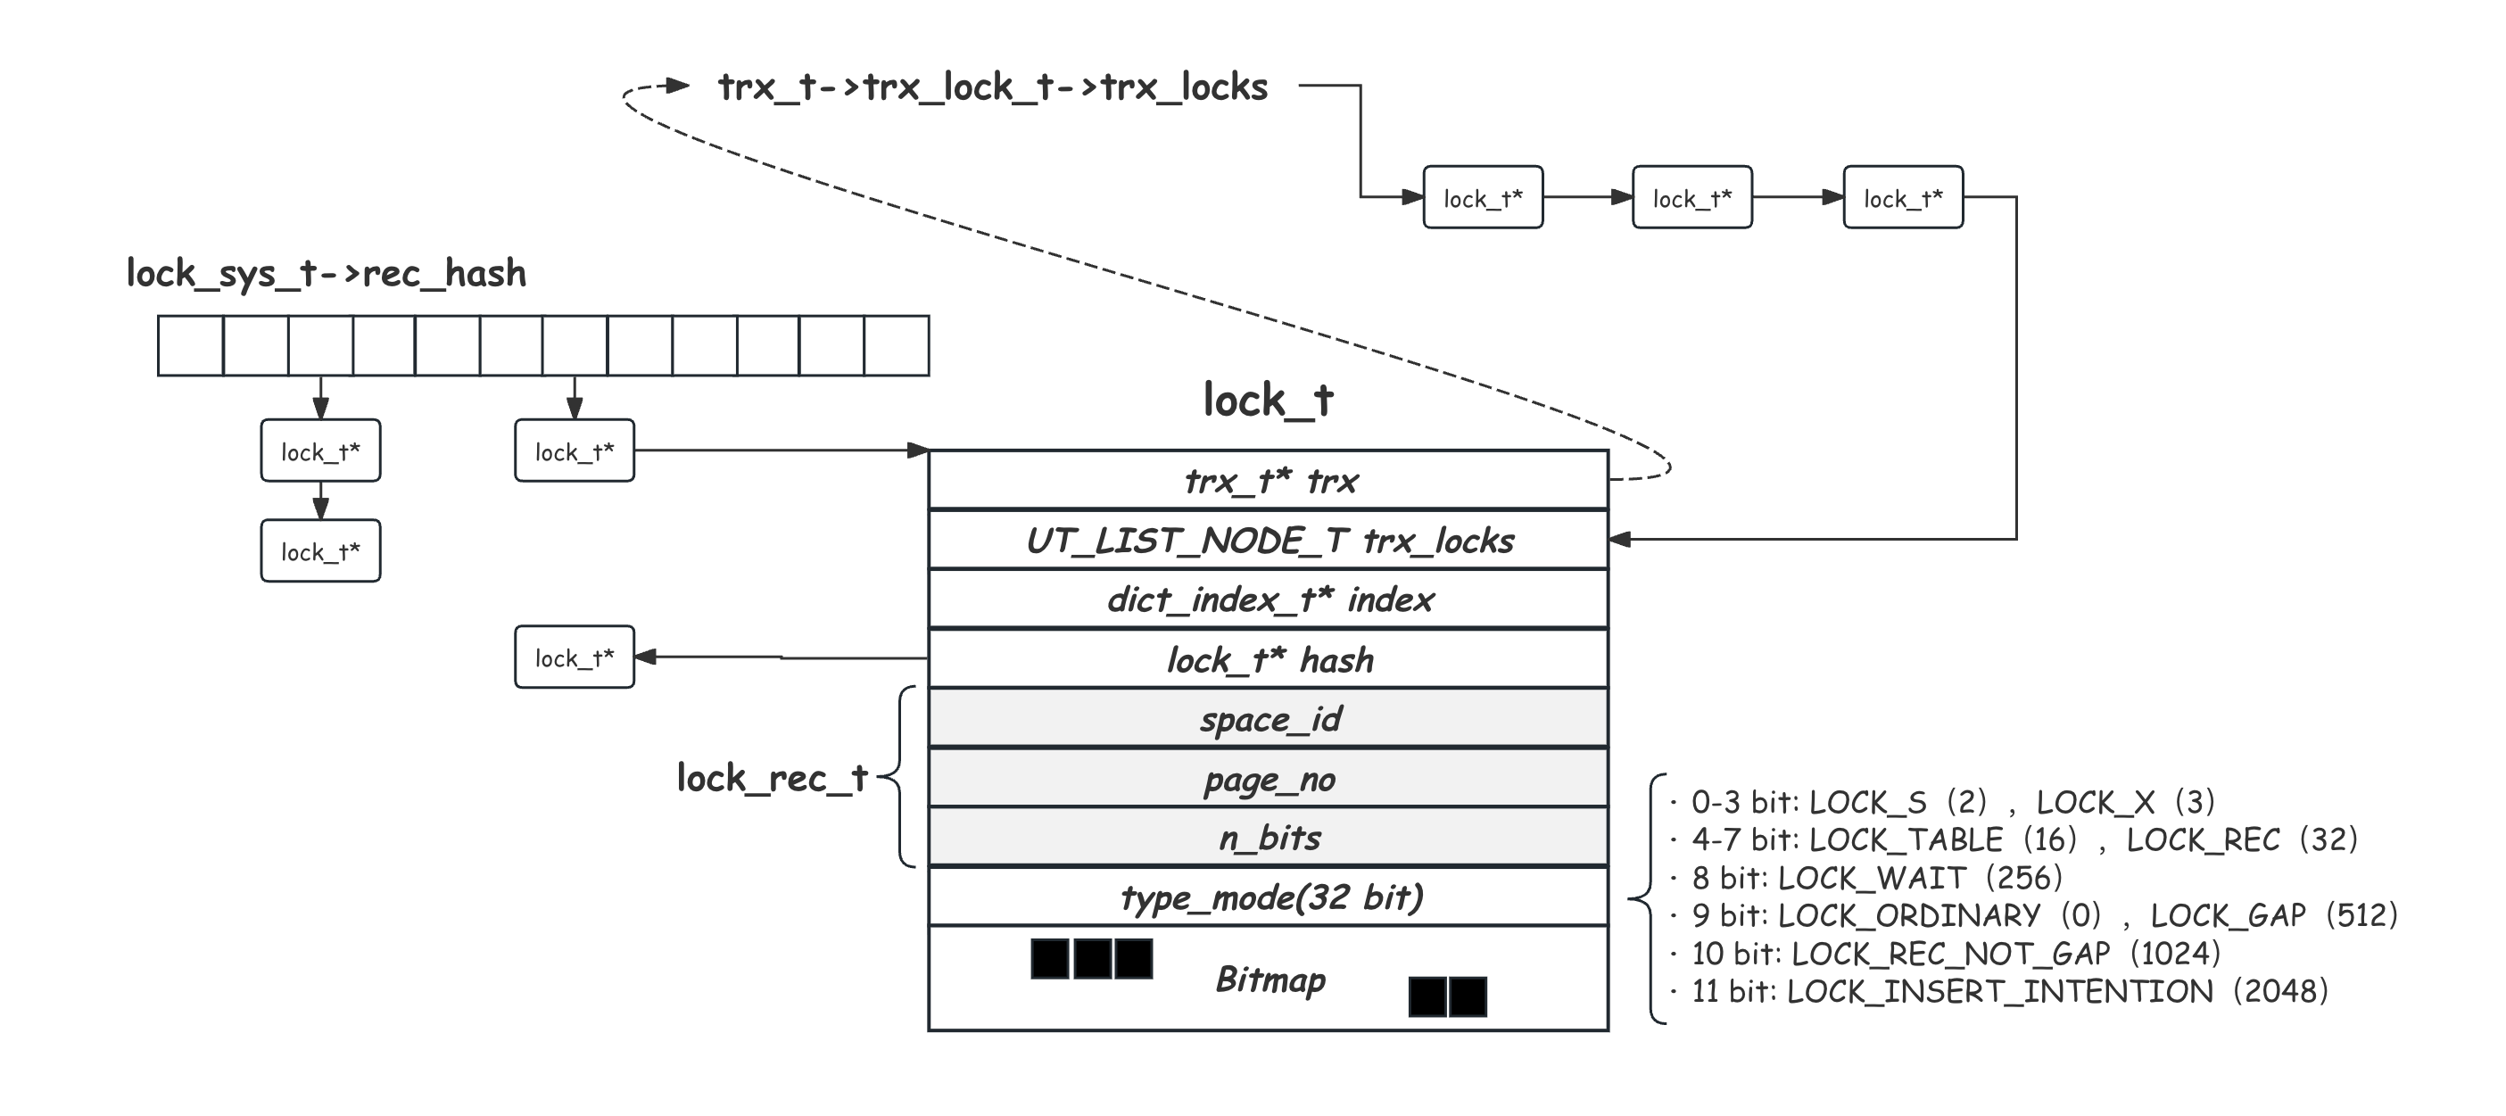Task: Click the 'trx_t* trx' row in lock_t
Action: pos(1269,481)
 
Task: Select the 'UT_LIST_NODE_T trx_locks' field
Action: pos(1269,540)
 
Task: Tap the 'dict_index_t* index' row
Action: pos(1269,599)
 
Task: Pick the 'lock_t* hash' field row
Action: pos(1269,659)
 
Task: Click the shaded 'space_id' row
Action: pos(1269,719)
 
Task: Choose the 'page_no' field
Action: pos(1269,779)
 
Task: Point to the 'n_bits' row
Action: pos(1269,838)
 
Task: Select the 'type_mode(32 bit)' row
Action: pos(1269,897)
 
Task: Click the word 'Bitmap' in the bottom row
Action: pos(1270,979)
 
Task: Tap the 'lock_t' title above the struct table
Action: pos(1268,400)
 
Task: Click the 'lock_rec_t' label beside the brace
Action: pos(772,779)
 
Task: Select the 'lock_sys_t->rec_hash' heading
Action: pos(326,273)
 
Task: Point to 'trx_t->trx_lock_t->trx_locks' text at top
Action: pos(992,87)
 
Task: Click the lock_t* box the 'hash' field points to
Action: pos(574,657)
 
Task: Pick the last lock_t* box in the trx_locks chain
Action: pos(1903,197)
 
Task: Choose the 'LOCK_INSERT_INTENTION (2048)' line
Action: pos(2009,991)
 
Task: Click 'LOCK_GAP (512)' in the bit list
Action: pos(2272,915)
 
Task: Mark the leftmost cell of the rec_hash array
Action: pos(191,345)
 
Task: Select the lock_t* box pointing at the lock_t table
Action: pos(574,451)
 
